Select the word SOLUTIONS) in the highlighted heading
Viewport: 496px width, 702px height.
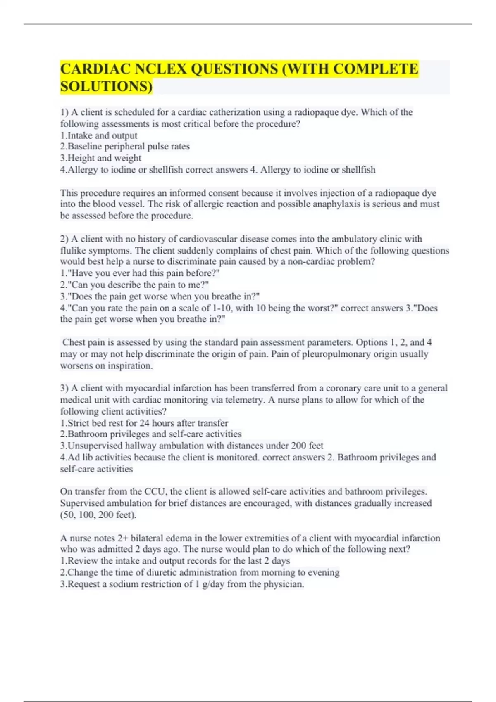tap(106, 86)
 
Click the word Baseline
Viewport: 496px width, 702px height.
tap(85, 147)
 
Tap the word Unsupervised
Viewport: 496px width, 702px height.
tap(95, 446)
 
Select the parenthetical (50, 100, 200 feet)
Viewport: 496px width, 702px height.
tap(98, 515)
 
